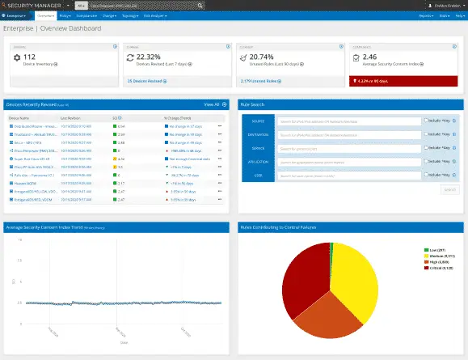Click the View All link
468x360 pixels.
pyautogui.click(x=212, y=104)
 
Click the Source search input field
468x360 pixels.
pyautogui.click(x=348, y=121)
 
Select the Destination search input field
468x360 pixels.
pyautogui.click(x=348, y=134)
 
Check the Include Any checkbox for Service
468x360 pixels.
pyautogui.click(x=427, y=148)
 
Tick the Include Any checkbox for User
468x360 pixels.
pyautogui.click(x=427, y=176)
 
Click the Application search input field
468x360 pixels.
pyautogui.click(x=348, y=162)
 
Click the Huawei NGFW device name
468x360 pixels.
pyautogui.click(x=21, y=184)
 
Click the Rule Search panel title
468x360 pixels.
pyautogui.click(x=254, y=104)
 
